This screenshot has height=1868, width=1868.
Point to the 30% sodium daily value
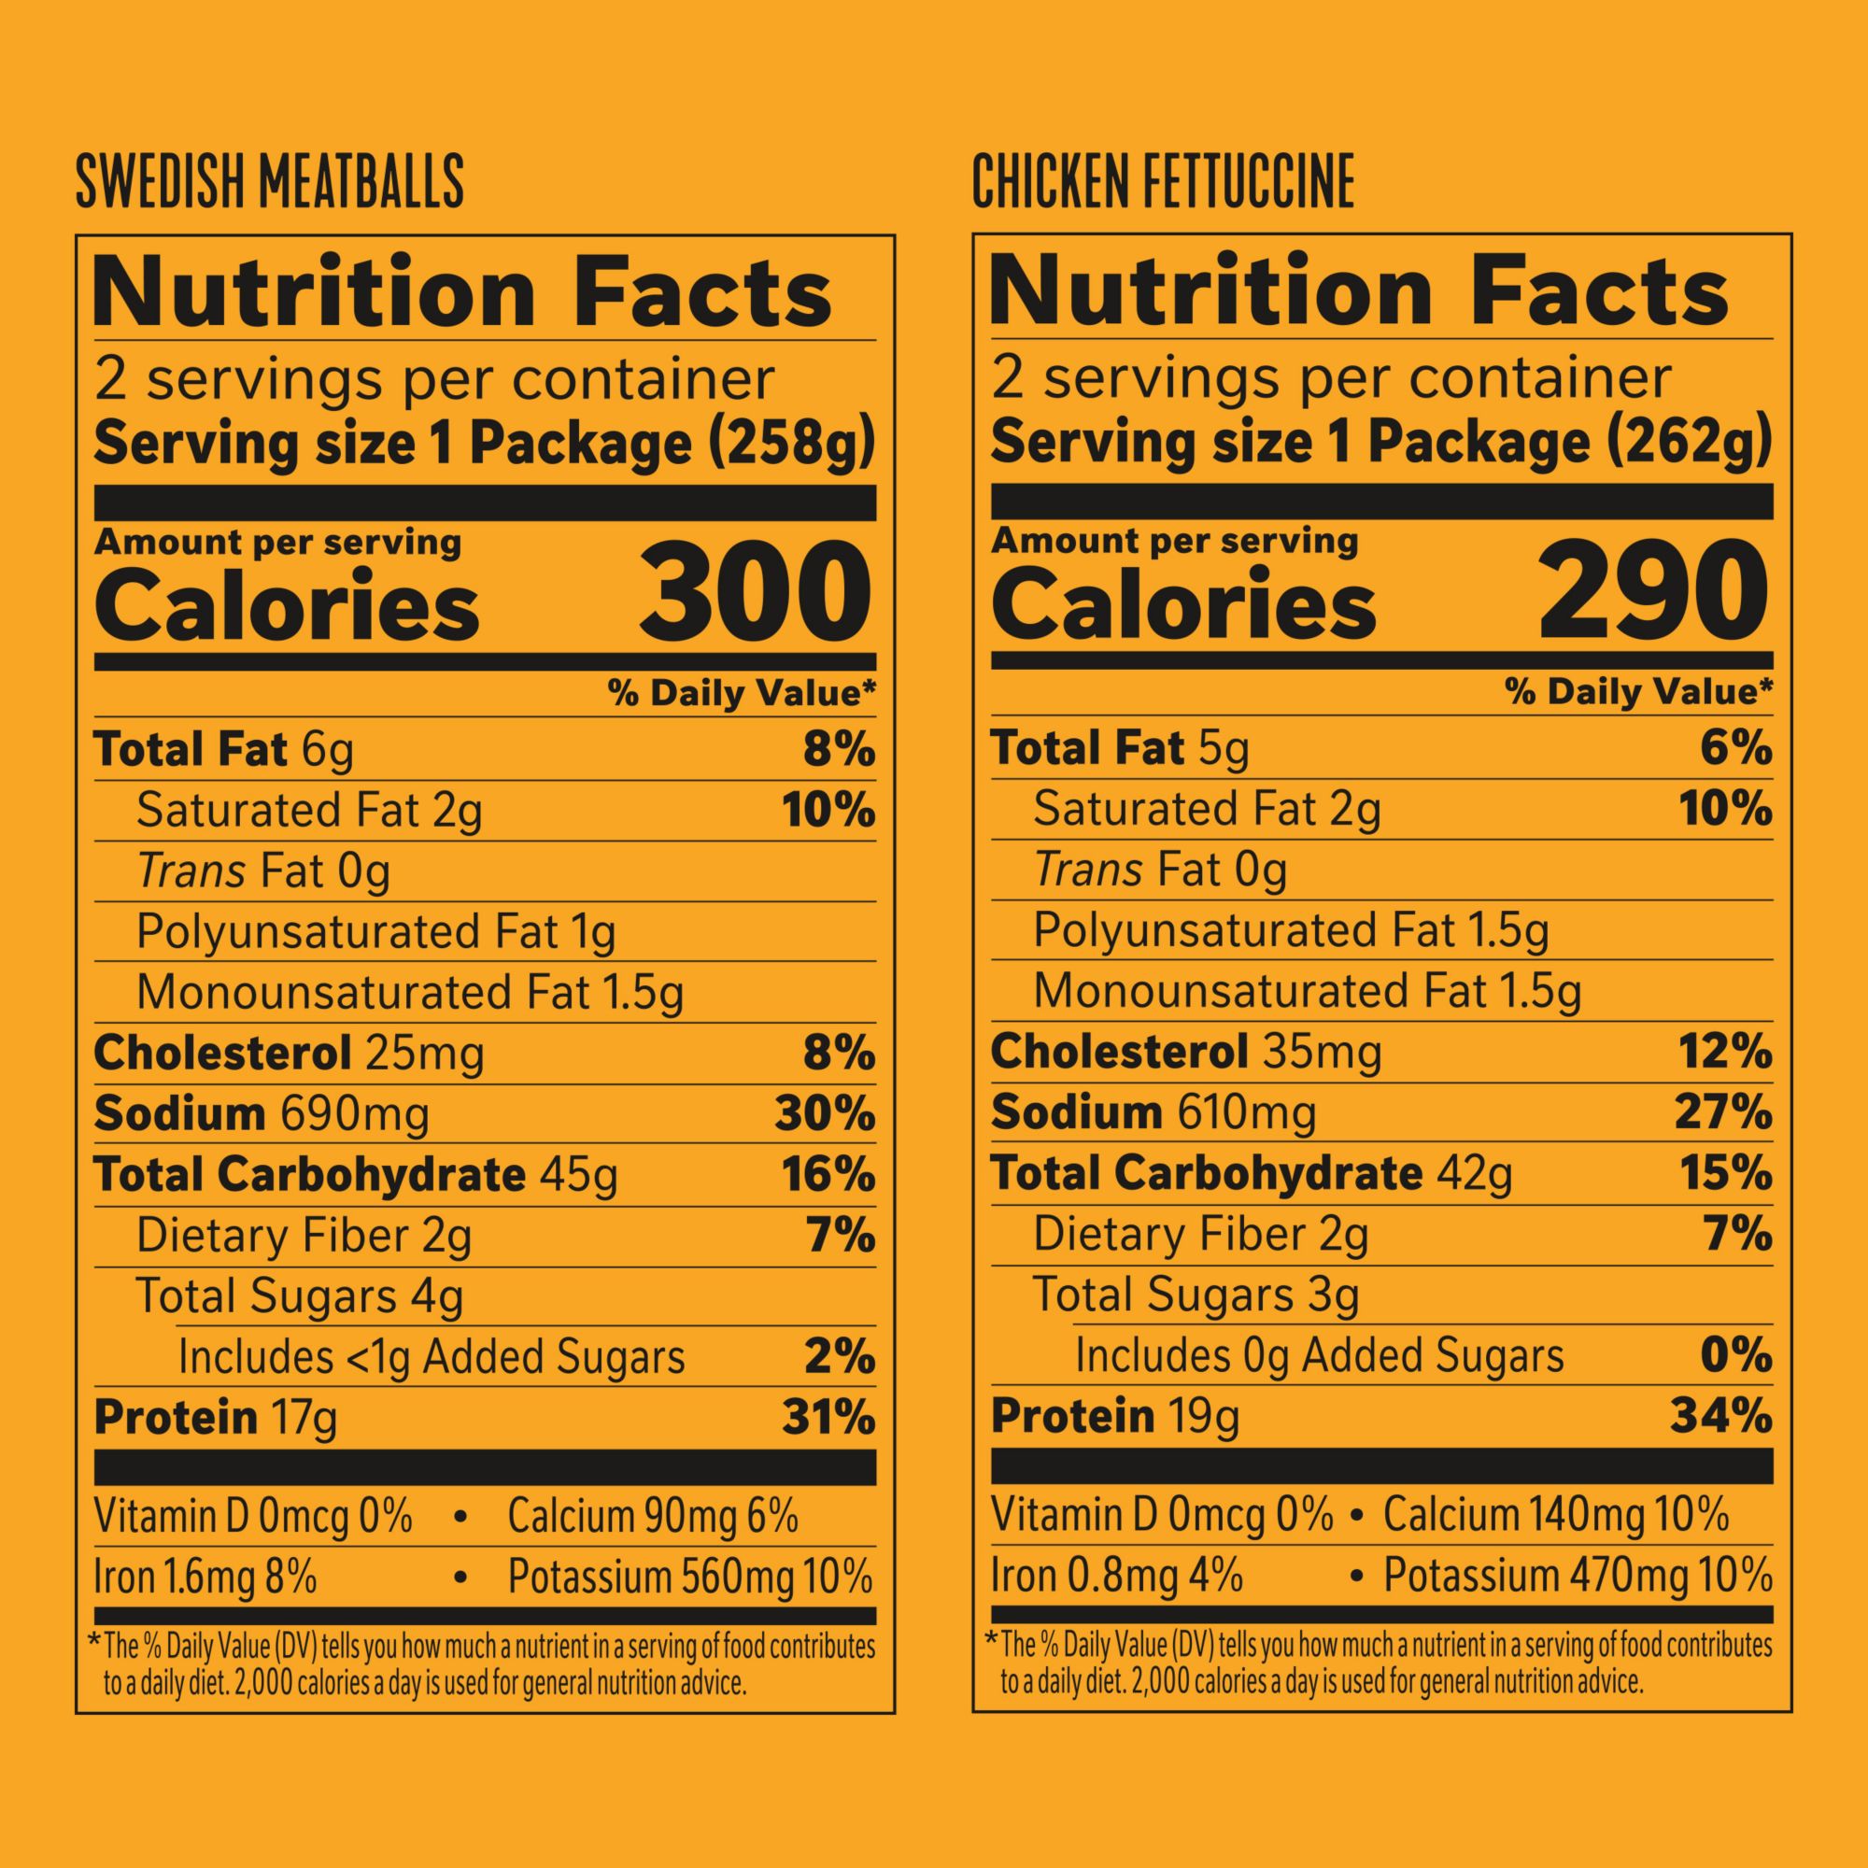[x=824, y=1115]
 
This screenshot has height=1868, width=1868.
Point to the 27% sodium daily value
[x=1722, y=1113]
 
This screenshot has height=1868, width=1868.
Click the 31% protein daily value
[x=828, y=1419]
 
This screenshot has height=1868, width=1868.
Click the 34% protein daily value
[x=1721, y=1417]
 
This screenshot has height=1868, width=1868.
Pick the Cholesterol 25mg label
[x=288, y=1054]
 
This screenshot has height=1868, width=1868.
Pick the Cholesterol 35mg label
[x=1185, y=1052]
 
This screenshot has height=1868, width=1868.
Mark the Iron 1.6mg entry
[x=205, y=1578]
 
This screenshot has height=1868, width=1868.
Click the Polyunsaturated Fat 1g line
[x=376, y=932]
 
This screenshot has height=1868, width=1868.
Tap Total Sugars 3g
[x=1196, y=1295]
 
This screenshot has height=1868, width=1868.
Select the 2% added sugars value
[x=840, y=1357]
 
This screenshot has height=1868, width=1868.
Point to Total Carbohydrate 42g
[x=1252, y=1174]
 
